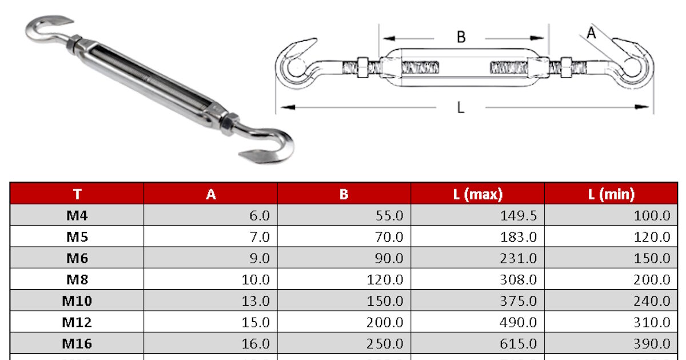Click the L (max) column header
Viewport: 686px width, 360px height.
coord(478,194)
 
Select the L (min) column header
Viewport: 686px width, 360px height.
coord(611,194)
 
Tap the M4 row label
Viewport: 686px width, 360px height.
coord(77,215)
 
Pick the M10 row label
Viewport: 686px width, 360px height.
coord(77,301)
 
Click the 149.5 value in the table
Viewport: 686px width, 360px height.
coord(518,215)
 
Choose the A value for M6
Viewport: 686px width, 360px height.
coord(260,258)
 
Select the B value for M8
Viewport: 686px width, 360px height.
coord(385,279)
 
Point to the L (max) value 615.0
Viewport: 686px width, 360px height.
coord(518,343)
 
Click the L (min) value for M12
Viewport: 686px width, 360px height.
coord(652,322)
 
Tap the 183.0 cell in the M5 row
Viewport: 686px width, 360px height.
coord(518,237)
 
